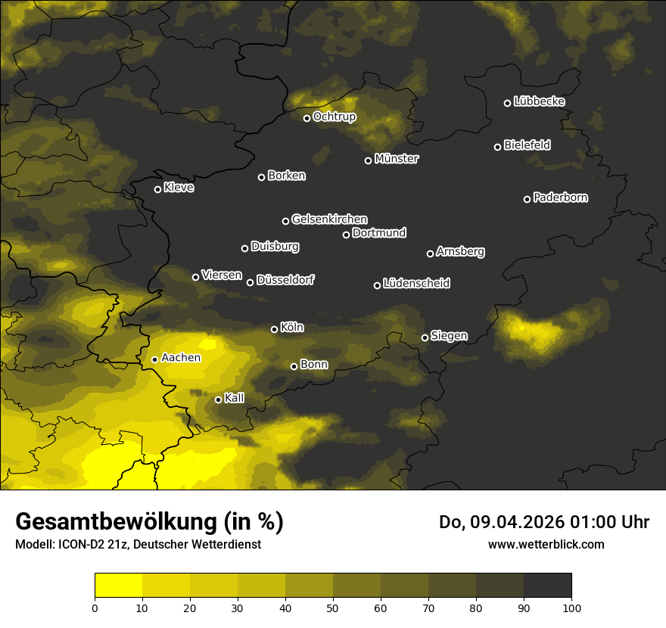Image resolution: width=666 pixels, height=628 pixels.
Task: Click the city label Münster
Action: point(397,159)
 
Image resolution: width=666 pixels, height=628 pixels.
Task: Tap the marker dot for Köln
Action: point(274,329)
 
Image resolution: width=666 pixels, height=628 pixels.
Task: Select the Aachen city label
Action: point(181,358)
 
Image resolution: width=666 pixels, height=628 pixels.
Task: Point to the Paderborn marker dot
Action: point(527,199)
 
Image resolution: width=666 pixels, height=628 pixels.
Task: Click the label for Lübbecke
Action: point(539,101)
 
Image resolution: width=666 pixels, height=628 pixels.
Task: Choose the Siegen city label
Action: point(449,336)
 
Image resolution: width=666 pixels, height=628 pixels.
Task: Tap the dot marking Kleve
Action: point(157,189)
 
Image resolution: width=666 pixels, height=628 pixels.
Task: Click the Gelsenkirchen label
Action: point(329,219)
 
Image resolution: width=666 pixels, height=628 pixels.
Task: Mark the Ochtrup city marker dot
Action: point(307,118)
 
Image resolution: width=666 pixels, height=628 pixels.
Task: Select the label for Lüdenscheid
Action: point(416,284)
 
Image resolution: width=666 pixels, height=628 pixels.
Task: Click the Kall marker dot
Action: point(218,399)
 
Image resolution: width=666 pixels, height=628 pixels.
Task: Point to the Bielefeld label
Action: point(527,145)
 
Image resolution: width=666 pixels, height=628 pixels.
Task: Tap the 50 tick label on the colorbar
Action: point(333,608)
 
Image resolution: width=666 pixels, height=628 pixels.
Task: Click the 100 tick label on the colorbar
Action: point(571,608)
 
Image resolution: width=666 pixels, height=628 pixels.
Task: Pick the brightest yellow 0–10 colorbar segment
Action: point(118,586)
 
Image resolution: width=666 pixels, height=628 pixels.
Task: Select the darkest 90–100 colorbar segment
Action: point(547,586)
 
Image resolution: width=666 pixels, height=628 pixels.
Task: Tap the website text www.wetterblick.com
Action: point(546,544)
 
